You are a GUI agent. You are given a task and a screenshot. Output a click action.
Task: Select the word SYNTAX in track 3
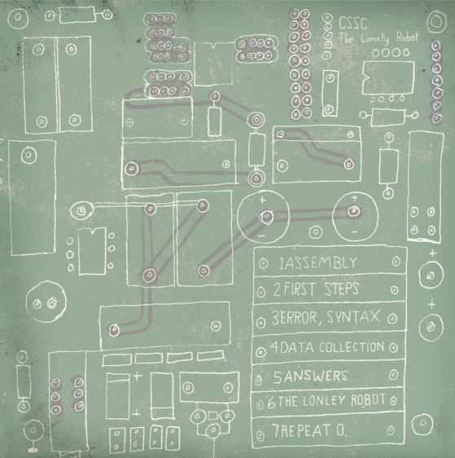(x=353, y=317)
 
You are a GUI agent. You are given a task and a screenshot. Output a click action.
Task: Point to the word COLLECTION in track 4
(x=352, y=346)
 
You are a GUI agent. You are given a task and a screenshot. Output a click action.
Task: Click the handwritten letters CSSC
(x=352, y=24)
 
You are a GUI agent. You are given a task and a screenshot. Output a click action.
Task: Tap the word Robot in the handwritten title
(x=407, y=37)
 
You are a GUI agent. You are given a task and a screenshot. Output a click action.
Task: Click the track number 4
(x=275, y=347)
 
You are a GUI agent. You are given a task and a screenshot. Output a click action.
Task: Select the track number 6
(x=272, y=403)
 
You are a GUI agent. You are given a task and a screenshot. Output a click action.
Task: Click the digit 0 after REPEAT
(x=340, y=430)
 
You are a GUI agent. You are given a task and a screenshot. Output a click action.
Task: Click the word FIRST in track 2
(x=300, y=289)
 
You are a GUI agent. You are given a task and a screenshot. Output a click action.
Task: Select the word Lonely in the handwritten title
(x=374, y=38)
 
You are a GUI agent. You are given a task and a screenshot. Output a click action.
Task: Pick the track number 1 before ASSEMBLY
(x=281, y=263)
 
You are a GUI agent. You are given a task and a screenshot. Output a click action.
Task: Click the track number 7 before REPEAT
(x=276, y=431)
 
